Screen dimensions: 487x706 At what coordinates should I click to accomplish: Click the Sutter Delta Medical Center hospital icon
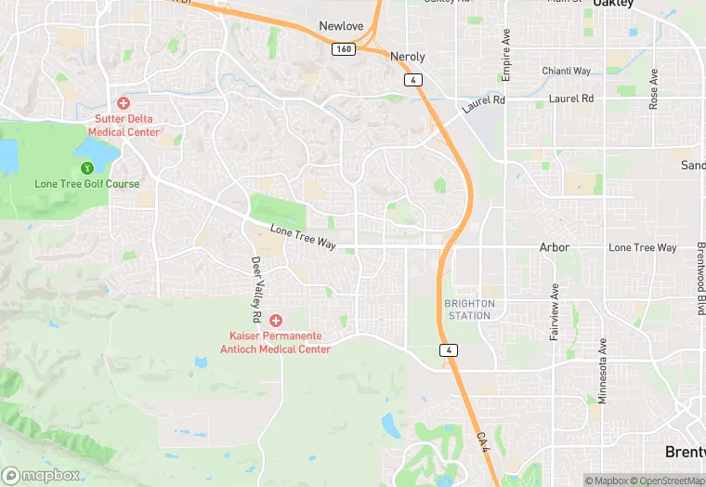pos(123,103)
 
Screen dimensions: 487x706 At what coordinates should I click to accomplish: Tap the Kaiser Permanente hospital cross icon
pos(276,320)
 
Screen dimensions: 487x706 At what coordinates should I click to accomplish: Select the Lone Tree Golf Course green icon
pos(86,168)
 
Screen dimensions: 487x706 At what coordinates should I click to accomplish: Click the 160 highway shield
pos(344,49)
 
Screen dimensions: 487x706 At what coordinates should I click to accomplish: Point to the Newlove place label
pos(341,26)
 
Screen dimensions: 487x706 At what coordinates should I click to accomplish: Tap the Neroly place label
pos(407,56)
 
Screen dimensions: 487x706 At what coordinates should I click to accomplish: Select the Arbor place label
pos(555,248)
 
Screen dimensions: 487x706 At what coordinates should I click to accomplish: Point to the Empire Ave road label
pos(506,57)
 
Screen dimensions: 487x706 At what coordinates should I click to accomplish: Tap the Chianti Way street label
pos(567,72)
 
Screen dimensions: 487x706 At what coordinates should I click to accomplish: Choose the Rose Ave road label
pos(654,89)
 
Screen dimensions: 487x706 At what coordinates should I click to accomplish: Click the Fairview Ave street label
pos(555,311)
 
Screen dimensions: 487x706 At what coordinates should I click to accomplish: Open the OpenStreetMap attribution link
pos(664,480)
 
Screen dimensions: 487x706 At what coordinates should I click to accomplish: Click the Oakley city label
pos(614,4)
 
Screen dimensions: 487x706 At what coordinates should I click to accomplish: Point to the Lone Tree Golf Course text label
pos(86,184)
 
